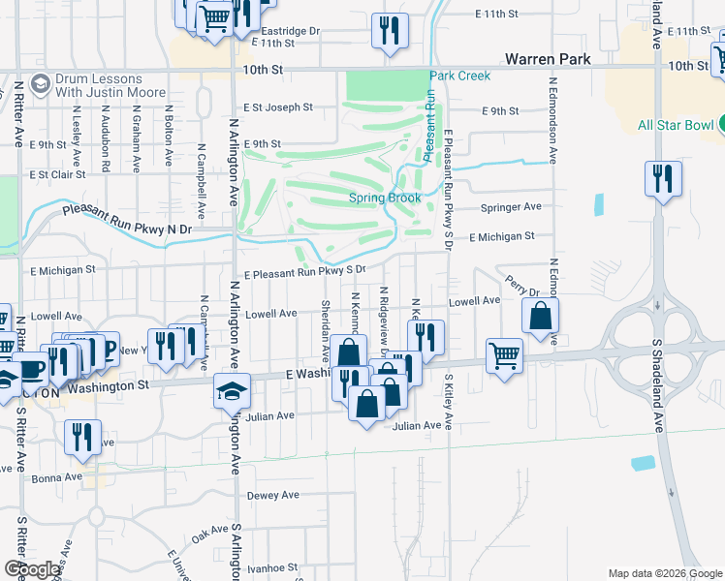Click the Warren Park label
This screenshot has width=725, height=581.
coord(554,59)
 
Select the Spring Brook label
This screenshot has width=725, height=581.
coord(385,199)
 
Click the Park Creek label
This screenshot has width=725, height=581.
coord(460,76)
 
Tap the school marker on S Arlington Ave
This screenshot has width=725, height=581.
coord(233,391)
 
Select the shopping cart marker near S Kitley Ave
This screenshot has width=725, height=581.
coord(504,355)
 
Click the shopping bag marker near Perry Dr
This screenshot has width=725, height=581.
coord(540,315)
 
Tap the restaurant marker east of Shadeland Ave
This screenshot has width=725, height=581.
coord(663,178)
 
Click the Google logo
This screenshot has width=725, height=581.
coord(32,570)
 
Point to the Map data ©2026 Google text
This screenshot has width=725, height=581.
coord(664,573)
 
